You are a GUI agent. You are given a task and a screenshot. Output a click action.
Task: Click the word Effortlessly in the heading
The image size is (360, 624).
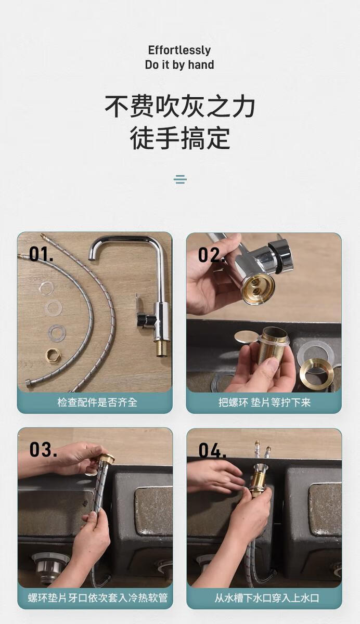(x=179, y=50)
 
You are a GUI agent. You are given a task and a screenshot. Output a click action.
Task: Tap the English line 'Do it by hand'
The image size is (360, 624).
(x=179, y=64)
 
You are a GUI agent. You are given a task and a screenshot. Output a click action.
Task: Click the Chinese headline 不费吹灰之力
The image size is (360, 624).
(x=180, y=107)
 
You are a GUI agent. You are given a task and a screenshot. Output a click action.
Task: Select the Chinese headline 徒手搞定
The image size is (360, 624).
(x=180, y=138)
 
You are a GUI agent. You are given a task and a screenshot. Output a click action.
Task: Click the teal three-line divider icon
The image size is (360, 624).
(x=180, y=179)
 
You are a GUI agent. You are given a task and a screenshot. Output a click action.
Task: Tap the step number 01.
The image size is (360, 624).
(x=41, y=254)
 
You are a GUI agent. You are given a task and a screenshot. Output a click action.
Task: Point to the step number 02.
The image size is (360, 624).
(x=211, y=255)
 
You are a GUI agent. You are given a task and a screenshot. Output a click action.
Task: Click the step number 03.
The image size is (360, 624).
(x=43, y=449)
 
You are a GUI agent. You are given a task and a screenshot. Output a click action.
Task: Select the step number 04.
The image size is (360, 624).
(x=212, y=450)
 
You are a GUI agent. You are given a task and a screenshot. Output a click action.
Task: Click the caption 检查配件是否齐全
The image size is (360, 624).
(x=97, y=402)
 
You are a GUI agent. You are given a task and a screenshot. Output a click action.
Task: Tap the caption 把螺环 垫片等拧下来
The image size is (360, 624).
(x=264, y=402)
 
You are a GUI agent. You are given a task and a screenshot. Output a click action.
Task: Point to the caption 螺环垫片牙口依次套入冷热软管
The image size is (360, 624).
(x=97, y=597)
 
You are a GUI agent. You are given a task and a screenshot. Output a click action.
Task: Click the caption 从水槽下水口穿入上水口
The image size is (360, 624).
(x=267, y=597)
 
